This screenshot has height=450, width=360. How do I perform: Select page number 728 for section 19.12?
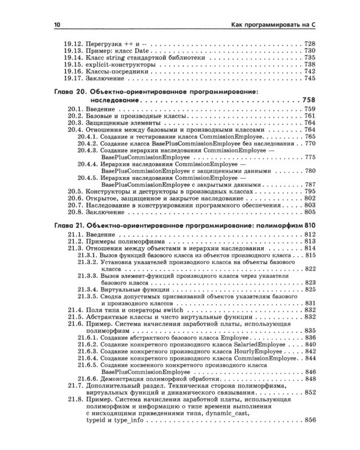tap(310, 44)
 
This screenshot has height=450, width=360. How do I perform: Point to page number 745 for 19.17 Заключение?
tap(310, 78)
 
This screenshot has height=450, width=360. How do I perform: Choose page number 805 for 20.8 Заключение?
tap(310, 212)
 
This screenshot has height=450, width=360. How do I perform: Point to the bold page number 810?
tap(308, 226)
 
